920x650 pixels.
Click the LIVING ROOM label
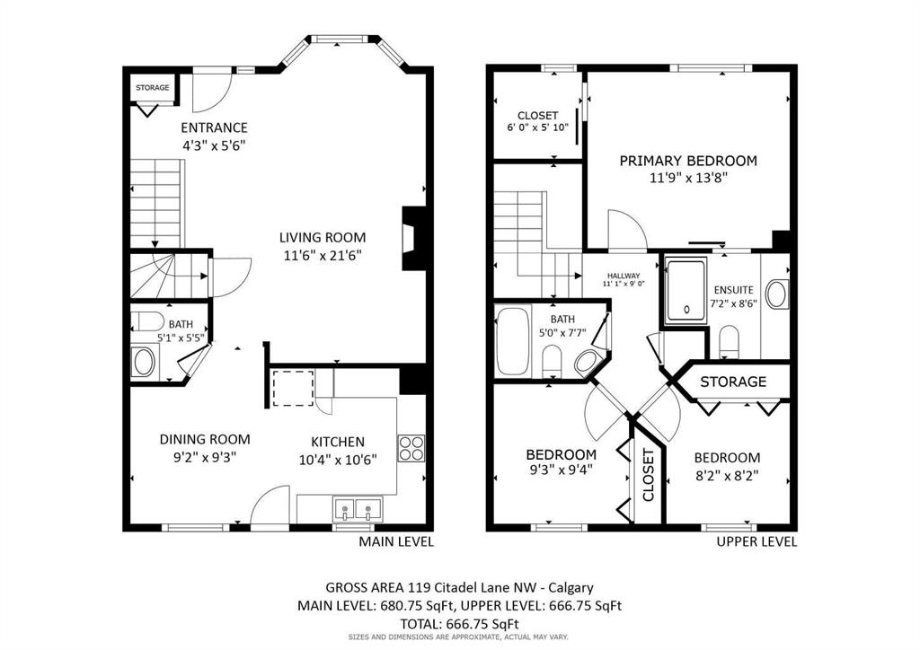coord(323,237)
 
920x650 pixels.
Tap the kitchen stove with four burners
coord(411,448)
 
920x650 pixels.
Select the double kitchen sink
coord(357,509)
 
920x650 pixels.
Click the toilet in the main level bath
coord(146,321)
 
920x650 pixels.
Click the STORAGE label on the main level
coord(153,88)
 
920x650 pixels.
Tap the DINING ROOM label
coord(205,439)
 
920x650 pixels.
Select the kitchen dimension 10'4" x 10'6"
coord(338,460)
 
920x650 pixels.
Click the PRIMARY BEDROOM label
coord(688,161)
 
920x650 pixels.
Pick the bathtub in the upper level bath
coord(513,342)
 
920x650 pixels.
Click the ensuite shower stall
coord(686,291)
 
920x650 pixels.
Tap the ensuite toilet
coord(729,340)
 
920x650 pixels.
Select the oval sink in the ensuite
coord(777,294)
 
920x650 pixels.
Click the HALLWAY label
coord(624,276)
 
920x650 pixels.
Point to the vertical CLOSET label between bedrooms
coord(649,475)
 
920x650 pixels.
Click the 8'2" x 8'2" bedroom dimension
coord(727,475)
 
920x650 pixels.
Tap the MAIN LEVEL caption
coord(396,541)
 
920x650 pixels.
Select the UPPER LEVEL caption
coord(756,541)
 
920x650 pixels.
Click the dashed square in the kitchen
coord(293,388)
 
